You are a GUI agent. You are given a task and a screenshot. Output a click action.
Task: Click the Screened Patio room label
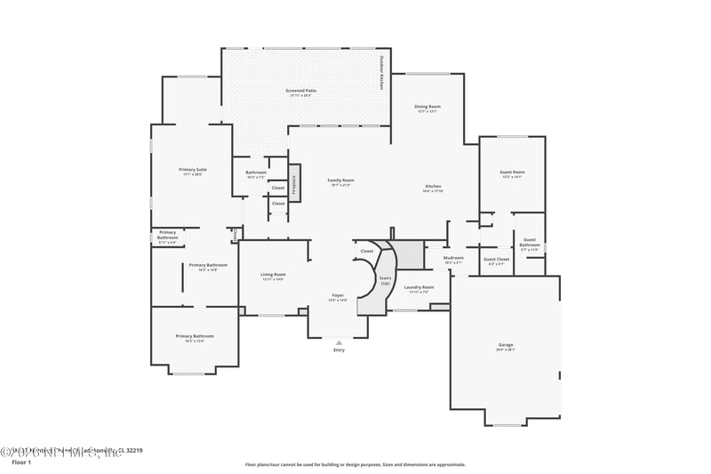pos(301,91)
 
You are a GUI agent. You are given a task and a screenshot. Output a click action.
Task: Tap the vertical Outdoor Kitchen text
pos(381,73)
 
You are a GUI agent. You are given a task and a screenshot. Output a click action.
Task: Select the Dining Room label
pos(427,107)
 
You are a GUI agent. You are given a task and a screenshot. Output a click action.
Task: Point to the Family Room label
pos(340,181)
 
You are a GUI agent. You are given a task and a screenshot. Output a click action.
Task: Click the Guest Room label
pos(512,173)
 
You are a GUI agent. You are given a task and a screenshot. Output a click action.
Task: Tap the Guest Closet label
pos(496,260)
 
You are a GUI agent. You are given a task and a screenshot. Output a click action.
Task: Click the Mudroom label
pos(453,259)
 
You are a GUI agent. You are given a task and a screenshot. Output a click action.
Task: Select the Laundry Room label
pos(419,287)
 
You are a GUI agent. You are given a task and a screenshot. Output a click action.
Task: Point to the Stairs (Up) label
pos(385,280)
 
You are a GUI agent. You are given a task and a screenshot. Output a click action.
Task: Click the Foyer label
pos(338,295)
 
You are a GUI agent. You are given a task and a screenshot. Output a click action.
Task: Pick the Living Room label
pos(273,275)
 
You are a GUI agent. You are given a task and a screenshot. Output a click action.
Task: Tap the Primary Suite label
pos(193,170)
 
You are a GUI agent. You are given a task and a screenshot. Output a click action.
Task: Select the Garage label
pos(505,345)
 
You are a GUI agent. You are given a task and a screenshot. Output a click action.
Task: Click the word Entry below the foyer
pos(339,350)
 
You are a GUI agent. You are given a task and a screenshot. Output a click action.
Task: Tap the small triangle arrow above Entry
pos(339,341)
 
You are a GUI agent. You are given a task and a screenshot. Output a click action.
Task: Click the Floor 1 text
pos(21,462)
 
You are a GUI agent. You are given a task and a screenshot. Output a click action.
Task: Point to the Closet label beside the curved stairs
pos(367,252)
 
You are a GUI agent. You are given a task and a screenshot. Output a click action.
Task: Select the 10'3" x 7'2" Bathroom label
pos(255,173)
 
